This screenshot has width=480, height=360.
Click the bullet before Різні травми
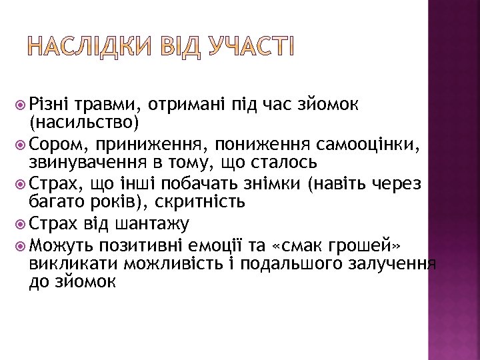click(x=20, y=104)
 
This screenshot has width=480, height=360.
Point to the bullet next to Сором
click(x=20, y=143)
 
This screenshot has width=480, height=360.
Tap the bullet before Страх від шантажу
click(x=20, y=222)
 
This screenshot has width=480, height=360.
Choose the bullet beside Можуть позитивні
click(x=20, y=242)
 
